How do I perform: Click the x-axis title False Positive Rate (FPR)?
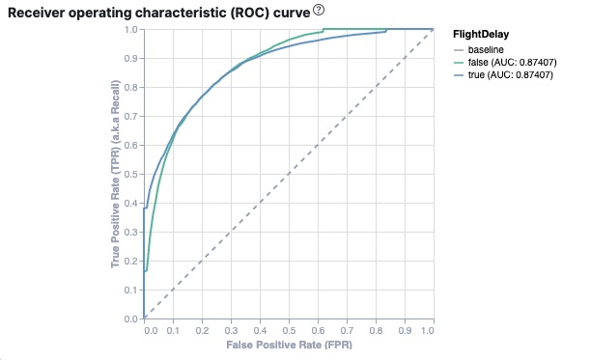coord(288,344)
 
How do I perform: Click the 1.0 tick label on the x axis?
coord(428,329)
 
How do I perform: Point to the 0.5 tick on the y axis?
coord(131,174)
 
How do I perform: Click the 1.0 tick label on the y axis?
coord(131,29)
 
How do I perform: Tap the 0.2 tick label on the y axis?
coord(131,261)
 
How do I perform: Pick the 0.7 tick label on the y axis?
coord(131,116)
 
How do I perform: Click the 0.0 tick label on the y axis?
coord(131,318)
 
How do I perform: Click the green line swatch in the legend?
coord(459,62)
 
